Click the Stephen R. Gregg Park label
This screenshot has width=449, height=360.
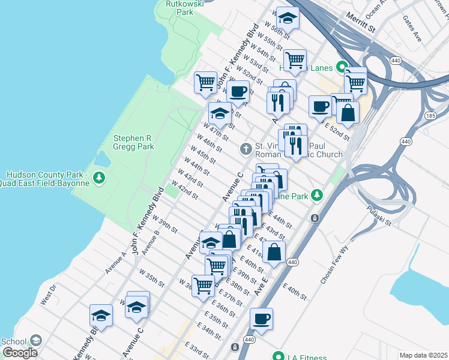[x=134, y=142]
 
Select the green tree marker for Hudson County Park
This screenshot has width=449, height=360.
[x=99, y=178]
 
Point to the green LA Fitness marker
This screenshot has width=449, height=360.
[x=278, y=355]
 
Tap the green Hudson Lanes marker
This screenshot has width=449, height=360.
[x=342, y=68]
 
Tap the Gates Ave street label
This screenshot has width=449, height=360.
[x=413, y=29]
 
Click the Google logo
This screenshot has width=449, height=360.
[x=19, y=353]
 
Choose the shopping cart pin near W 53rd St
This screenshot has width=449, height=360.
[x=294, y=60]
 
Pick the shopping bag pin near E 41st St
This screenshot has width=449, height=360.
[x=274, y=252]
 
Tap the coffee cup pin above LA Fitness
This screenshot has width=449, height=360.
[x=261, y=319]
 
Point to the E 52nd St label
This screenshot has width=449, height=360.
[x=337, y=131]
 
